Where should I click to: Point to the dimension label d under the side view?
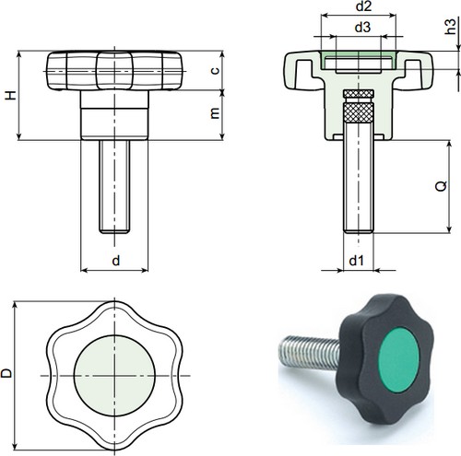[x=115, y=262]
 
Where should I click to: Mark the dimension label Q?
[x=441, y=185]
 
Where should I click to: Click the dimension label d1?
[x=358, y=262]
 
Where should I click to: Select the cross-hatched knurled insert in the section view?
[x=359, y=115]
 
